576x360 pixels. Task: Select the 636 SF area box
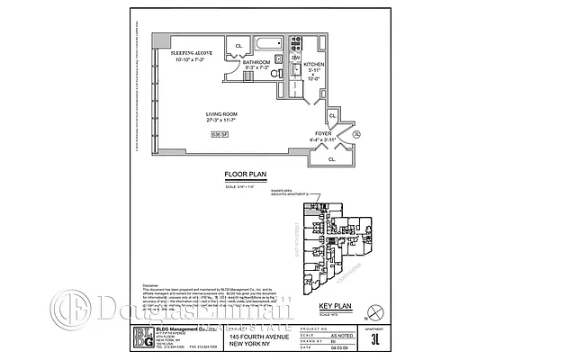218,134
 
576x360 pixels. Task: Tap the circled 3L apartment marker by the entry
356,135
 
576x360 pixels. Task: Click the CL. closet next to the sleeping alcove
240,45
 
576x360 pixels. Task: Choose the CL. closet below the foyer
333,159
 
